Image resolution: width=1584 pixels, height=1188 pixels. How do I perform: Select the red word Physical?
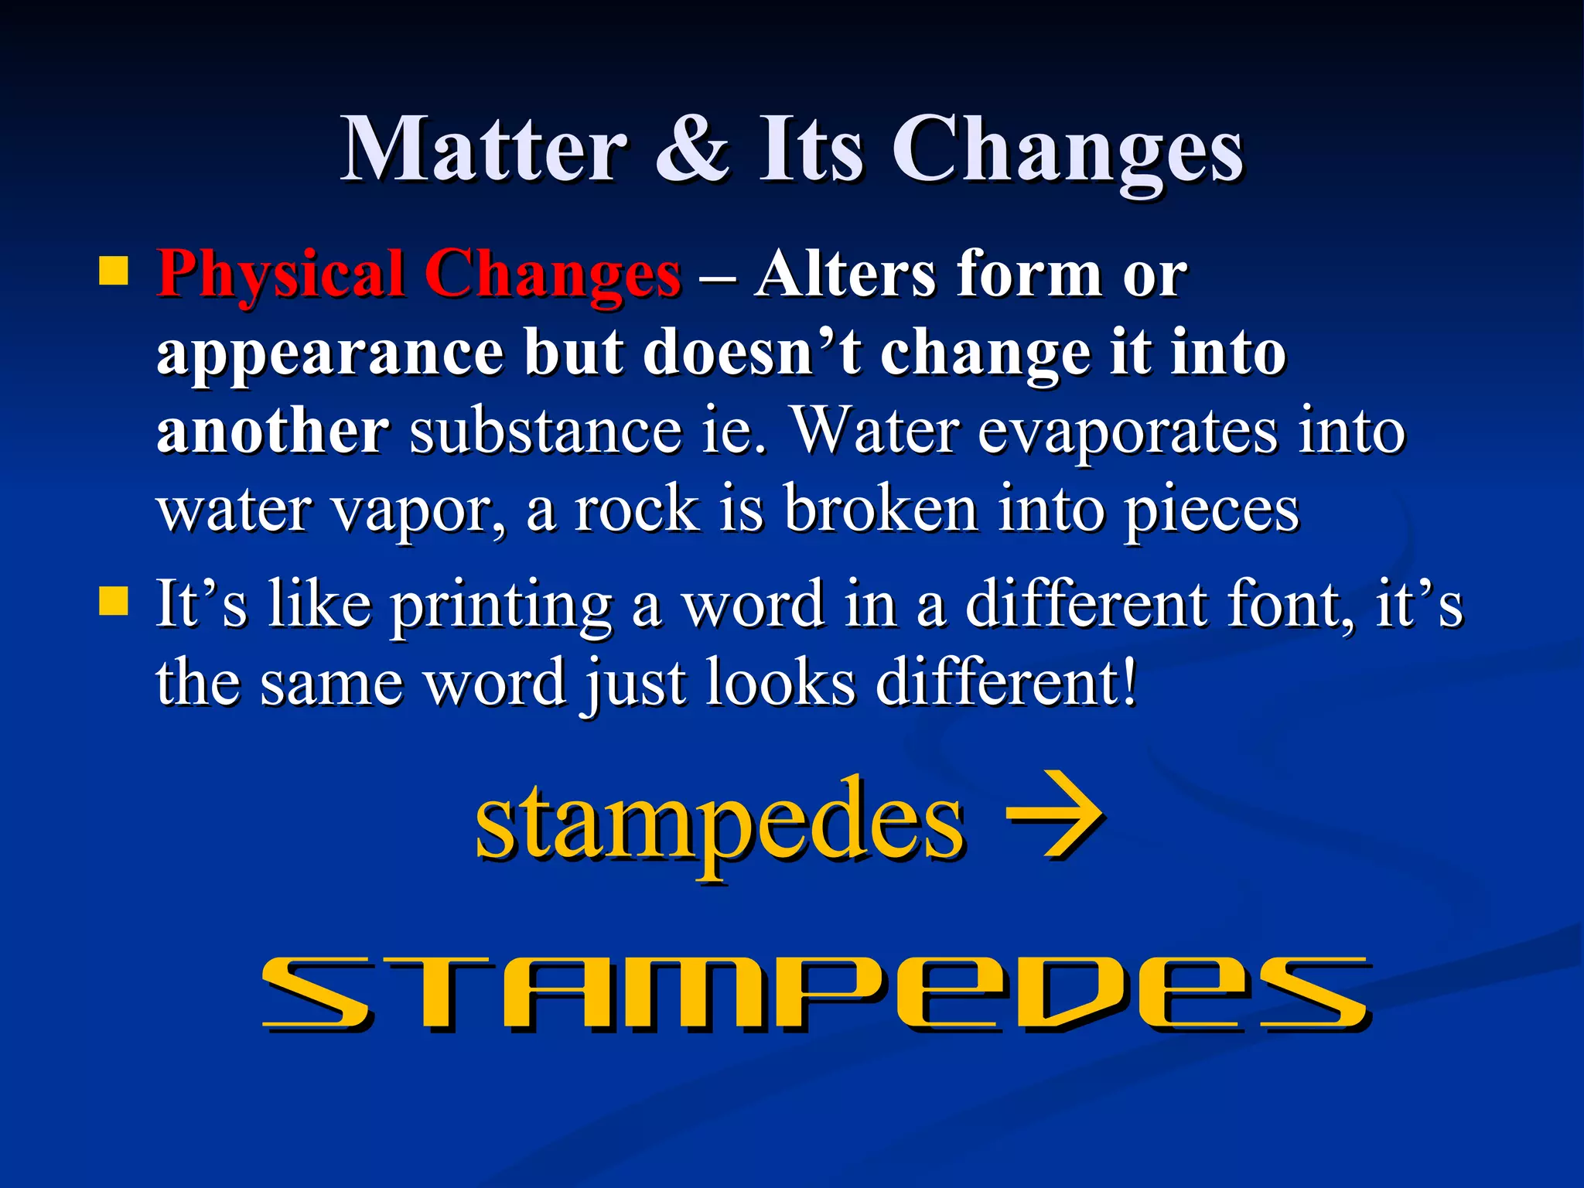(x=280, y=275)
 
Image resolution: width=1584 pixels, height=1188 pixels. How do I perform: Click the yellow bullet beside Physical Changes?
(x=114, y=271)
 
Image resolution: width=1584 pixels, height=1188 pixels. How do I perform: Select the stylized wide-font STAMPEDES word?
(x=816, y=993)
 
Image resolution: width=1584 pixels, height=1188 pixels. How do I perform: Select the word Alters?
(x=846, y=274)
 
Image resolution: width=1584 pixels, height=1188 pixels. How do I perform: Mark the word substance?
(x=545, y=432)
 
